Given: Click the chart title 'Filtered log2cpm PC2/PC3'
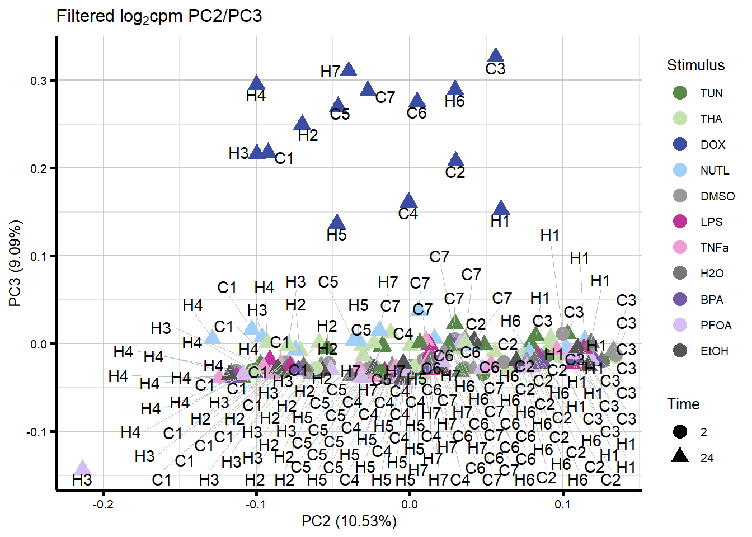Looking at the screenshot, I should click(159, 16).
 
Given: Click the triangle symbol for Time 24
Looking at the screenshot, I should click(680, 456).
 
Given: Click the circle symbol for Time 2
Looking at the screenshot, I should click(680, 432).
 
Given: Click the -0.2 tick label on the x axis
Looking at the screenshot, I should click(103, 504).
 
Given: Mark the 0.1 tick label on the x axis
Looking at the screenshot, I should click(563, 504).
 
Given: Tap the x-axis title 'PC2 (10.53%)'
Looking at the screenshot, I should click(349, 521).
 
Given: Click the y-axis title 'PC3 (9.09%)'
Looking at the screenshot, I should click(15, 263).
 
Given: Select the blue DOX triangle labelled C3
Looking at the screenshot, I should click(496, 55).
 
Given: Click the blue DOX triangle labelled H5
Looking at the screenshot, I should click(337, 222).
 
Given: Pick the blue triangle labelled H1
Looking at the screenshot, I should click(501, 208).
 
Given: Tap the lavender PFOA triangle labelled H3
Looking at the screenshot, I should click(83, 468).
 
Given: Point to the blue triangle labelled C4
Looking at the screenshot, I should click(409, 201).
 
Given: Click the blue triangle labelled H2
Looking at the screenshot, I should click(302, 123).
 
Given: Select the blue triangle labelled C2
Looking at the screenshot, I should click(456, 159).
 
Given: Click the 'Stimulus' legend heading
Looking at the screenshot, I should click(695, 65).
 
